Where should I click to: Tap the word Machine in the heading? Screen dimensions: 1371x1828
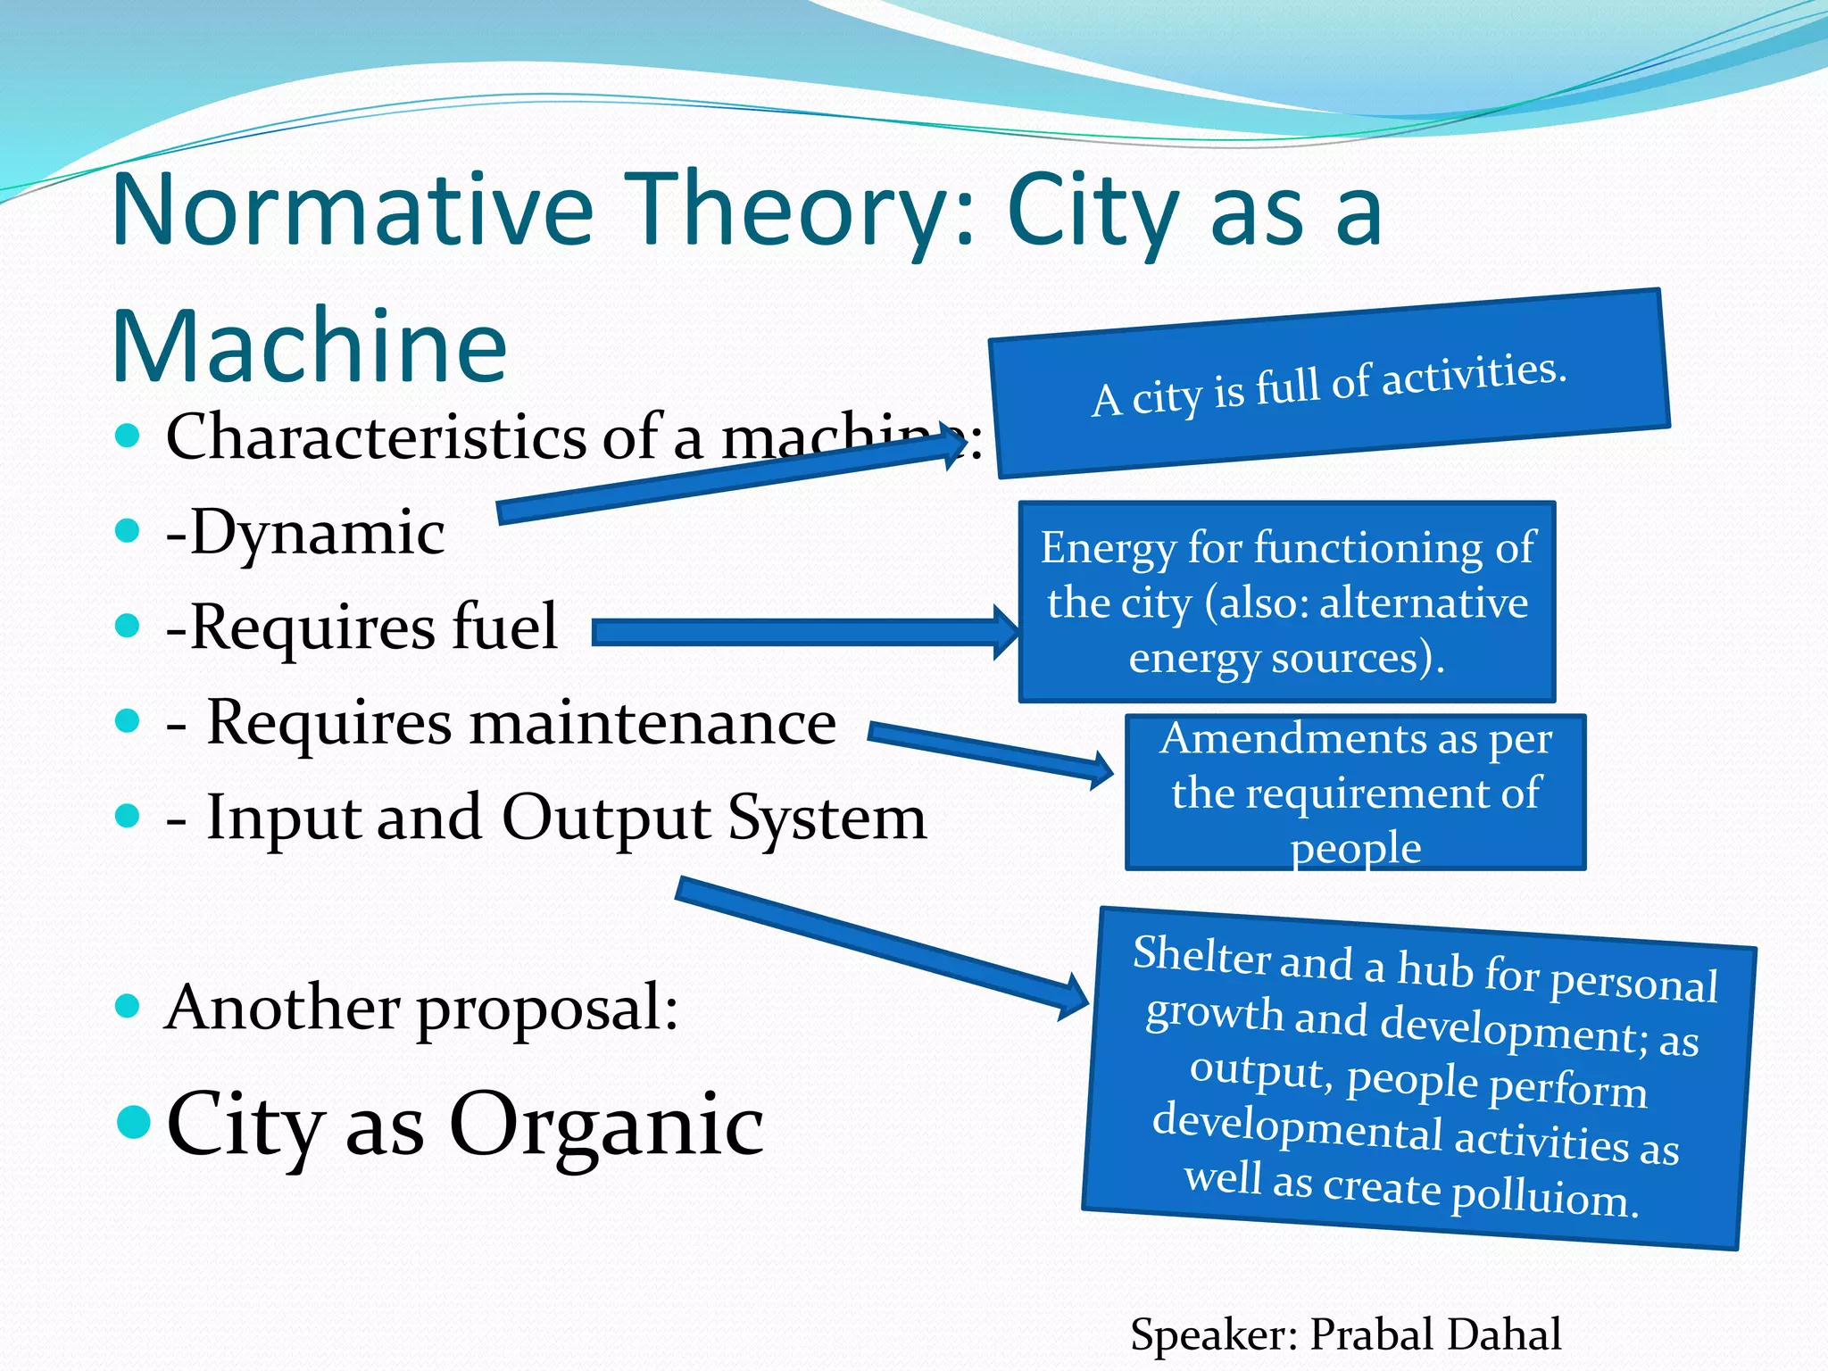tap(309, 346)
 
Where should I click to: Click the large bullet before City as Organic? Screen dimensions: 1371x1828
tap(134, 1122)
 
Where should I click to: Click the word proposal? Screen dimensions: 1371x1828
tap(547, 1009)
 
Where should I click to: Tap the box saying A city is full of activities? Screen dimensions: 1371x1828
tap(1329, 384)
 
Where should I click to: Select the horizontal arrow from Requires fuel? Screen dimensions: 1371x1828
tap(803, 632)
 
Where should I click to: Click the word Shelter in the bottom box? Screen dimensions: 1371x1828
tap(1201, 955)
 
